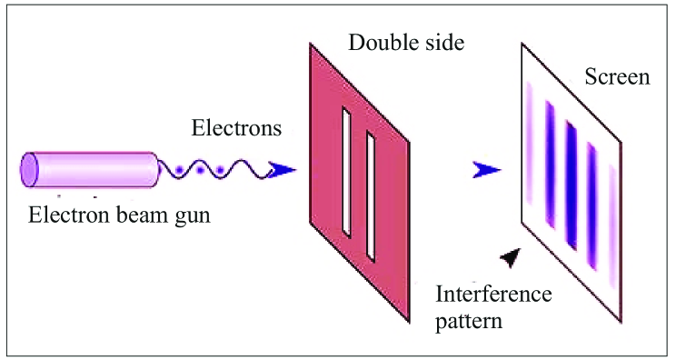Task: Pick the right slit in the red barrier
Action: pyautogui.click(x=371, y=195)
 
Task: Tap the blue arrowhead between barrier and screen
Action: pyautogui.click(x=487, y=169)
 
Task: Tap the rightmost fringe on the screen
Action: pyautogui.click(x=610, y=205)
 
